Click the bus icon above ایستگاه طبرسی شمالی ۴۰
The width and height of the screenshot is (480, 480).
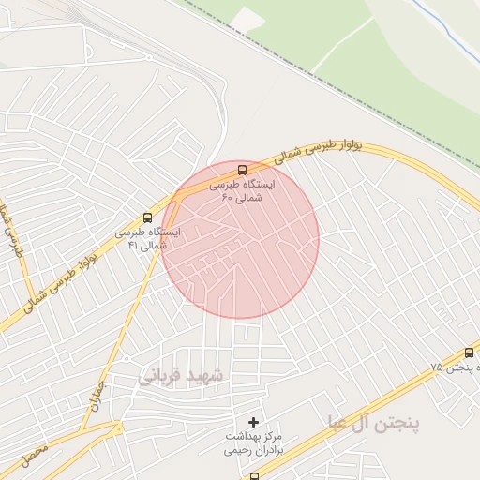coord(243,170)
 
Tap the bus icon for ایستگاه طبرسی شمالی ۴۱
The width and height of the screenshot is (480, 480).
coord(145,216)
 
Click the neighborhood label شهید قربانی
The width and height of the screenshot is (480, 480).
coord(184,376)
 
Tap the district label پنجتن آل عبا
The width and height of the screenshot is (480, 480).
coord(374,422)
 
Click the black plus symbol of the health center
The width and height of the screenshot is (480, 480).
coord(253,423)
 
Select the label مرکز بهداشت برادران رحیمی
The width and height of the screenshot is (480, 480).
coord(253,443)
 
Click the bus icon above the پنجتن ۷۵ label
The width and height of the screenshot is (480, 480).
coord(469,352)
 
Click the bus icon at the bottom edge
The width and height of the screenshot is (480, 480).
coord(254,476)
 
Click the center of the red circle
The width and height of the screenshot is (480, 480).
coord(240,239)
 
